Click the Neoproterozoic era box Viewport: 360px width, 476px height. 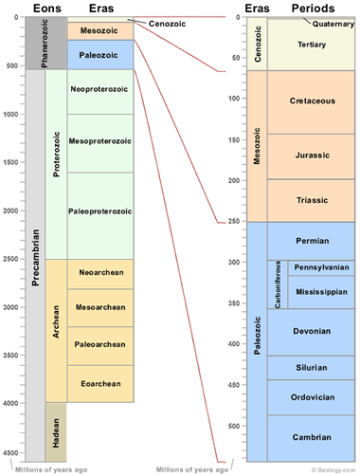99,91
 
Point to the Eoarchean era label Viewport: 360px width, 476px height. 99,383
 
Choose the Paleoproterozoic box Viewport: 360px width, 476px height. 99,211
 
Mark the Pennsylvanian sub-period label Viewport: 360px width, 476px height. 321,267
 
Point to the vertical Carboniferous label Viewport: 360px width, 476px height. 279,284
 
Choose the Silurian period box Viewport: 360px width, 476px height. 312,368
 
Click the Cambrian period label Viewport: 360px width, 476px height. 312,437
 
